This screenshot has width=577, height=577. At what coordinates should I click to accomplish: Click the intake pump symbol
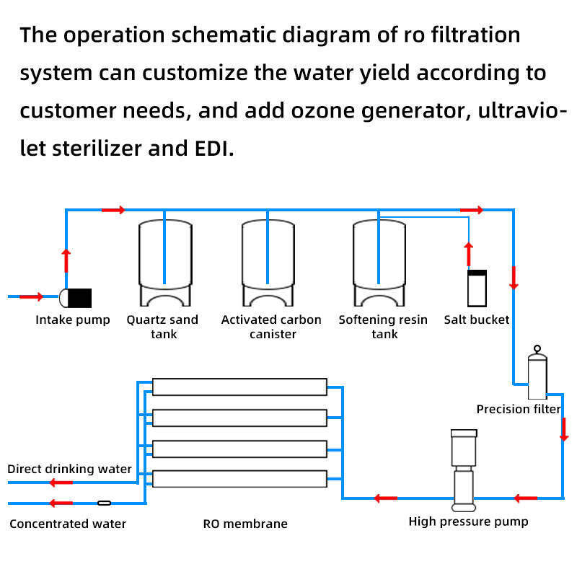point(76,297)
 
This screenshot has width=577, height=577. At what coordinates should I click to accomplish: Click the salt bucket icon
point(477,289)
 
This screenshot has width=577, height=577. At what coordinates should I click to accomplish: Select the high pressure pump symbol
point(462,469)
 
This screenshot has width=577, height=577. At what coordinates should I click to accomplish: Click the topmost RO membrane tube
point(239,387)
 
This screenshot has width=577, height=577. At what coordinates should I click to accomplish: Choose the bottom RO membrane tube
point(239,478)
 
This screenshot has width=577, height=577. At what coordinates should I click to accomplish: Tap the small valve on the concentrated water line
point(104,503)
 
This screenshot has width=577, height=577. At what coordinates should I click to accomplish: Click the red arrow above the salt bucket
point(468,254)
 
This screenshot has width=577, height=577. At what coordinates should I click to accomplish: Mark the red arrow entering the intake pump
point(31,296)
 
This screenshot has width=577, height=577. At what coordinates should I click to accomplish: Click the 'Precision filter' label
point(519,409)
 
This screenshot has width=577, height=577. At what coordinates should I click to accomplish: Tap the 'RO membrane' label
point(245,524)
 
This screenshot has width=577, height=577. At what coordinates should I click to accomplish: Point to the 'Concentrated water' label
point(68,524)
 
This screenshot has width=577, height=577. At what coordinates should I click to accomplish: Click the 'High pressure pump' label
point(468,521)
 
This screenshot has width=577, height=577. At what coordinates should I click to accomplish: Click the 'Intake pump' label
point(73,320)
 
